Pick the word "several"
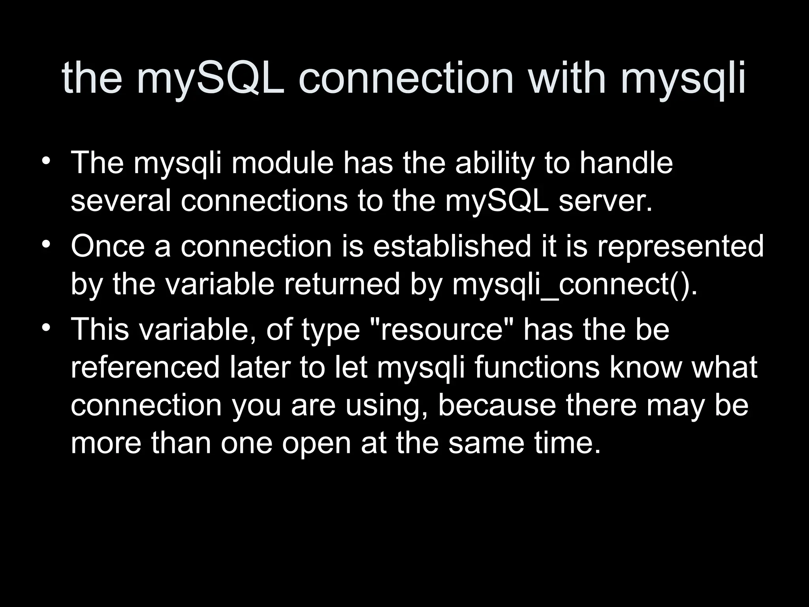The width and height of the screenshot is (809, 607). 121,200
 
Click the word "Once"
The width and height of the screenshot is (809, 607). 108,246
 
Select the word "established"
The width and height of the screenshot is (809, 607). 452,246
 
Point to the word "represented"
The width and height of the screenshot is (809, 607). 680,246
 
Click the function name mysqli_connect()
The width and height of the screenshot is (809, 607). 575,285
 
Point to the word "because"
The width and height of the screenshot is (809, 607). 497,405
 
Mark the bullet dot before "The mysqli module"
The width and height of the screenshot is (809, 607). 47,162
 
